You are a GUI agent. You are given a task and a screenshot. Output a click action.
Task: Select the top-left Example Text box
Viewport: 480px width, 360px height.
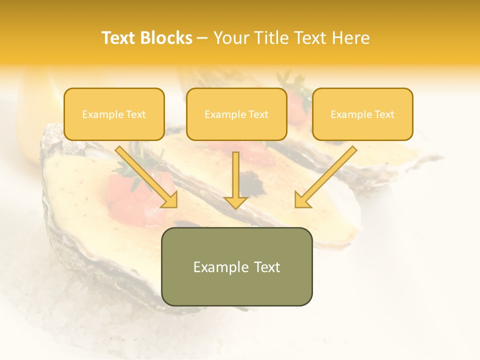tap(114, 114)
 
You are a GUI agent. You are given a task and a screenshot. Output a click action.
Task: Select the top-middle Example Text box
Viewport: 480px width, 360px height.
tap(236, 114)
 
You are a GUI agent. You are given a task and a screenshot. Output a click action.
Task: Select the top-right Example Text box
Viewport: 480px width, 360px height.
tap(362, 114)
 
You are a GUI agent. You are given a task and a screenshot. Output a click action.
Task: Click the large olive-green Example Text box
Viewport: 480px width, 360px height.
tap(236, 266)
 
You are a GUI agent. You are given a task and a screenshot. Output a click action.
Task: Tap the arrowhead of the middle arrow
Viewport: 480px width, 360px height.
tap(235, 202)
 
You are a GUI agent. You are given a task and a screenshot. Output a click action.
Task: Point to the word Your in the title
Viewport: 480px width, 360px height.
tap(228, 38)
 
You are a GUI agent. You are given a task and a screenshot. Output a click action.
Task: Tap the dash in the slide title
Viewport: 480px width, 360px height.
tap(202, 38)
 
